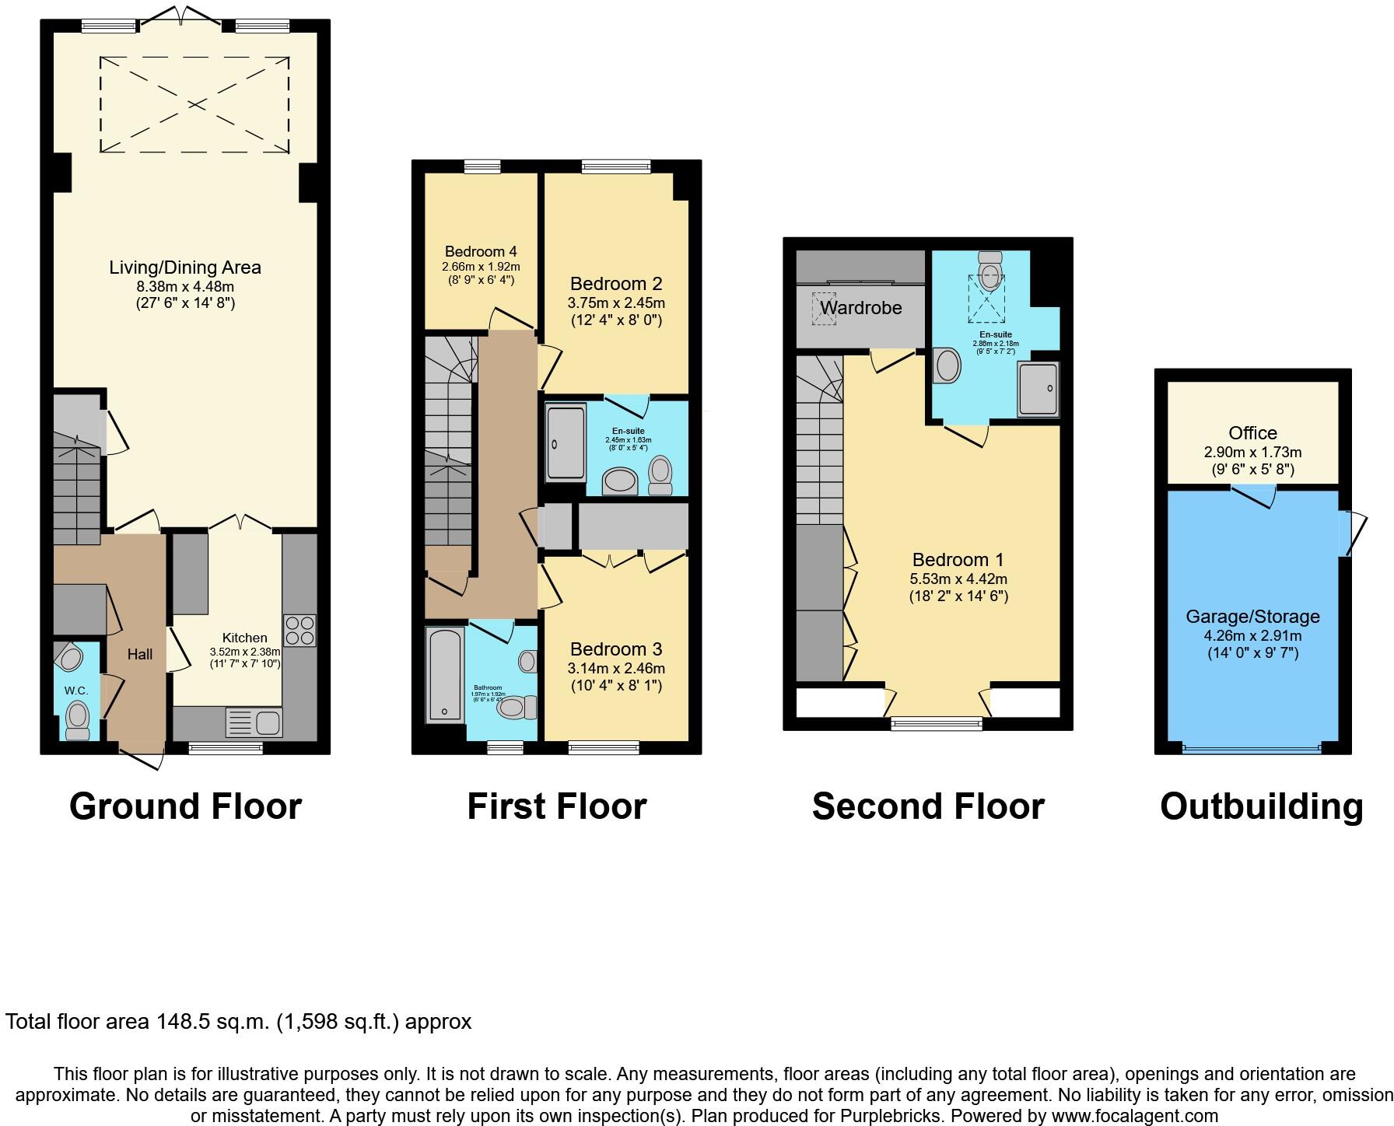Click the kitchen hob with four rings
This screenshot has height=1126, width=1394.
click(x=300, y=630)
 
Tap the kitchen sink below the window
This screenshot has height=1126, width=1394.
click(x=254, y=722)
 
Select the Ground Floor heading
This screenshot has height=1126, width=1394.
click(x=185, y=806)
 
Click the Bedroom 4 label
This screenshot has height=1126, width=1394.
click(x=481, y=251)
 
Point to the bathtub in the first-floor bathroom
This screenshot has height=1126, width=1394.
click(x=445, y=675)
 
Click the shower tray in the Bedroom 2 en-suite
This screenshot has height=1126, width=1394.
click(x=566, y=442)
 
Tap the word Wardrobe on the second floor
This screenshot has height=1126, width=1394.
click(x=860, y=308)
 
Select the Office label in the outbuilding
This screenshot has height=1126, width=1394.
click(x=1252, y=433)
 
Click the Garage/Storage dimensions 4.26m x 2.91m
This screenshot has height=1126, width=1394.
click(x=1252, y=635)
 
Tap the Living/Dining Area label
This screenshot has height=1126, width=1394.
click(x=185, y=268)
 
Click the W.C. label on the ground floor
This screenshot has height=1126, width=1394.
click(x=75, y=691)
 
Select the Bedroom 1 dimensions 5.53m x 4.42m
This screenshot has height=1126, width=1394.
click(x=958, y=579)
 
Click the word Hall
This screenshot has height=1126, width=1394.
click(x=140, y=655)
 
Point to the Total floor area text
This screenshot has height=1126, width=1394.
click(x=238, y=1021)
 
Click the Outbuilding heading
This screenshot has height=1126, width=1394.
click(x=1261, y=806)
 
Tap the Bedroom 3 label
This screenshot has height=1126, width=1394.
click(x=615, y=649)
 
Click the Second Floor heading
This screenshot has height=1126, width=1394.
click(x=928, y=806)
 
